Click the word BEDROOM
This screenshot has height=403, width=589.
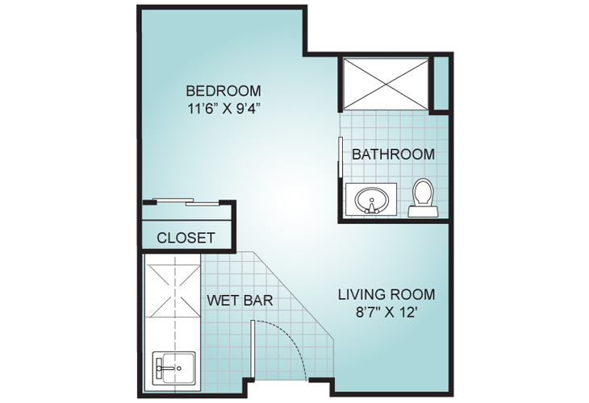(223, 91)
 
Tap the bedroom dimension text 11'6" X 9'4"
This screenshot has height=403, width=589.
(223, 109)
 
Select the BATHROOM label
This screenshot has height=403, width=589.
(393, 154)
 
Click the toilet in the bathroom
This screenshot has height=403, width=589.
(423, 197)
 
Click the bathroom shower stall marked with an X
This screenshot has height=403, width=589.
(386, 84)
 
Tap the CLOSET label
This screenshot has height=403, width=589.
(186, 238)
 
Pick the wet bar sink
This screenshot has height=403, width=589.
(174, 368)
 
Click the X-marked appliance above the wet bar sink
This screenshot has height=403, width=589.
(173, 291)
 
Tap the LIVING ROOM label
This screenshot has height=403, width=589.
(386, 294)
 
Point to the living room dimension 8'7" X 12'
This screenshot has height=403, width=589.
(387, 312)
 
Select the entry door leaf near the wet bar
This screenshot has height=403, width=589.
(253, 349)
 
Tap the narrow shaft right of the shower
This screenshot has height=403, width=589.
(441, 83)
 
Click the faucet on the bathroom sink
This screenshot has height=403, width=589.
(371, 207)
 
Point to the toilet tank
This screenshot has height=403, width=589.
(423, 211)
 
